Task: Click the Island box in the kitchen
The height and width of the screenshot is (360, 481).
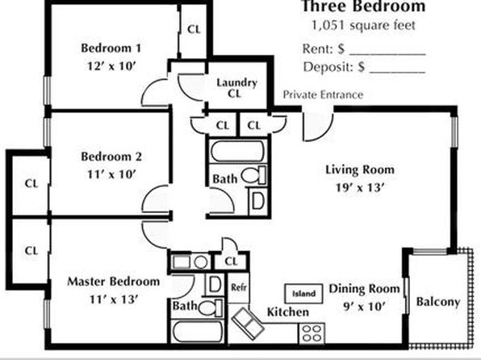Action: tap(303, 293)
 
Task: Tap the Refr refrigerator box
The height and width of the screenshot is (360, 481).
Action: tap(239, 287)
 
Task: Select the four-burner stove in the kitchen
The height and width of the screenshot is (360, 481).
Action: tap(312, 333)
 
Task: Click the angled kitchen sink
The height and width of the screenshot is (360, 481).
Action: tap(248, 324)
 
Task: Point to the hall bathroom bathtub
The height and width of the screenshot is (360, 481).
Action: tap(238, 151)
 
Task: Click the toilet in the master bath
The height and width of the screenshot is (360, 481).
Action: tap(211, 308)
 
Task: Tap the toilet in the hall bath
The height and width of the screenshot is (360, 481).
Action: tap(253, 175)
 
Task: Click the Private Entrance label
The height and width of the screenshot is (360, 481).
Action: tap(323, 94)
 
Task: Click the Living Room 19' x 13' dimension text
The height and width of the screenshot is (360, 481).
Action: tap(359, 187)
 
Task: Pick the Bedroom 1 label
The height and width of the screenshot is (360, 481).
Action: tap(111, 48)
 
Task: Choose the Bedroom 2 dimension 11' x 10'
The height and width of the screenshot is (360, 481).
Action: tap(111, 174)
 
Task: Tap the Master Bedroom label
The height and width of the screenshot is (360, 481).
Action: tap(114, 282)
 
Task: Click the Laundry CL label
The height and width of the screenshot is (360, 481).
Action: tap(236, 88)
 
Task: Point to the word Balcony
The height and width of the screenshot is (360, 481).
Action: tap(438, 302)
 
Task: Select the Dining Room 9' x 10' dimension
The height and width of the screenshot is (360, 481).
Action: tap(364, 306)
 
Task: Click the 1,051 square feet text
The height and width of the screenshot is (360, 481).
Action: tap(363, 25)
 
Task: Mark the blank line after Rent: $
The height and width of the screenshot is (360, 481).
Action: tap(387, 55)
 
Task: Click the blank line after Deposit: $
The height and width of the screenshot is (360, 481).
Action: tap(398, 73)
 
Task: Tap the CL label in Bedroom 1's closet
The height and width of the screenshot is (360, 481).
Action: tap(194, 30)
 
